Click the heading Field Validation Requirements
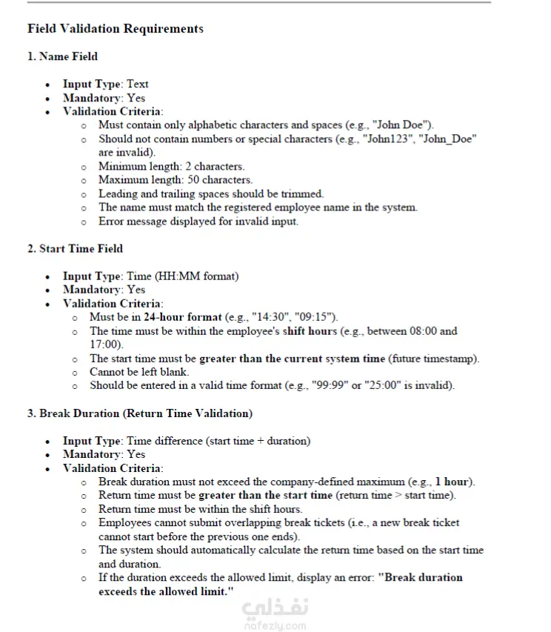pos(115,29)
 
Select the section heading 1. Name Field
pos(62,56)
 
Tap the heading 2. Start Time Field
pos(75,248)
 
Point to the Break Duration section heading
pos(140,413)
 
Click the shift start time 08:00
pos(415,331)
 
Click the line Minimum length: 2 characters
pos(171,166)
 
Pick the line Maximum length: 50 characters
pos(176,179)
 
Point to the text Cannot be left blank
pos(139,372)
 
